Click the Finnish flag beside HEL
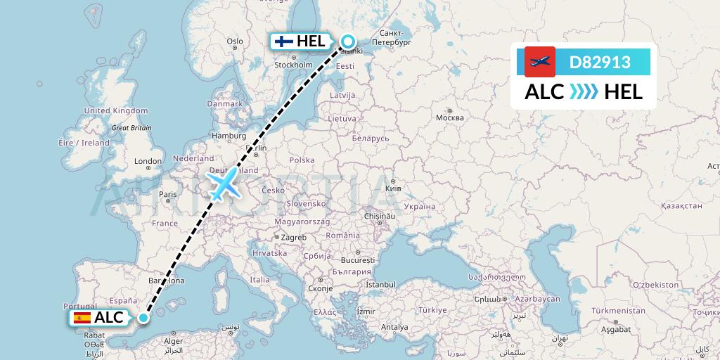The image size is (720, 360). point(284,41)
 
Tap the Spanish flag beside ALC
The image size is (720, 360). point(82,318)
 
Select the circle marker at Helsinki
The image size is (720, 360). point(348,41)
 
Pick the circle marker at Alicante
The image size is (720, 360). point(143,318)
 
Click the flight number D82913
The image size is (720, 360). point(600,63)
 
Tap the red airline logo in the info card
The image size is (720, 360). point(540,63)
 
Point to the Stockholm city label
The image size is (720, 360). point(293,65)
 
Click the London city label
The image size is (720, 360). point(148,161)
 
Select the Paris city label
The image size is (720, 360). point(167,194)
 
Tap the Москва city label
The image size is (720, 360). point(449,117)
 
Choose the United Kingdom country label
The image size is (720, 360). point(116,110)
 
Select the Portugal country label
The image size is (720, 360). point(79,306)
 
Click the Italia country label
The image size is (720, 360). point(260,280)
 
